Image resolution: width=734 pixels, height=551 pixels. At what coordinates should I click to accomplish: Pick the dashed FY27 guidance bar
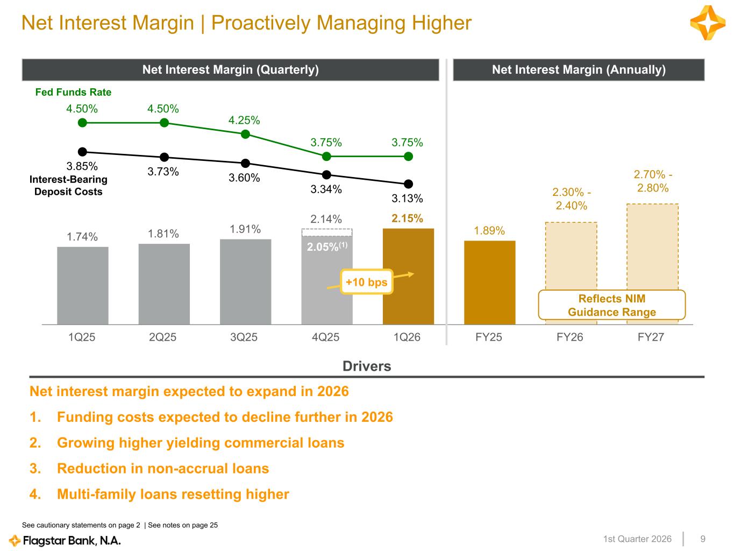652,248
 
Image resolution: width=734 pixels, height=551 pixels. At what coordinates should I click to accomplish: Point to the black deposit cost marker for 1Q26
408,183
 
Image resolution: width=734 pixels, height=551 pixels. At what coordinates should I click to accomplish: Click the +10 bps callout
367,282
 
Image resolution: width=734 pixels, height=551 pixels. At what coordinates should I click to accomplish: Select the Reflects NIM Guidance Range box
612,306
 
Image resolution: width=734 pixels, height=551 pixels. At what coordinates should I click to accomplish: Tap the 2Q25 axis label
163,337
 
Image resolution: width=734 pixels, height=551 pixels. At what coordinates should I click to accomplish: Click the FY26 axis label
570,337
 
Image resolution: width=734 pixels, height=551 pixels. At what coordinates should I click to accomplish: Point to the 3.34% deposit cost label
326,189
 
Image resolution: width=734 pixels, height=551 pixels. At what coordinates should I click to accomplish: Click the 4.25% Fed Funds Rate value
244,120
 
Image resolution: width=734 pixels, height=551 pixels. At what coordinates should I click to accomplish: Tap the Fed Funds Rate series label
73,92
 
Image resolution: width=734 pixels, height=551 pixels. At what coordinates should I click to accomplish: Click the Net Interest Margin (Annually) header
579,70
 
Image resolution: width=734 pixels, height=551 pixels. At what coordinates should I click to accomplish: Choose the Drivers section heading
367,366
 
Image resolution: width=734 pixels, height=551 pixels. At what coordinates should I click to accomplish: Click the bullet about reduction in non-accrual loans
163,468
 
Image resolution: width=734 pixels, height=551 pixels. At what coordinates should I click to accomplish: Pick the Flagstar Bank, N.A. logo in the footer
65,540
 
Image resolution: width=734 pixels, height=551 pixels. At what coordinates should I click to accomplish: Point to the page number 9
703,539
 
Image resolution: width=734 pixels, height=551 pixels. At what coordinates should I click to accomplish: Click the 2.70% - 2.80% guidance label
653,181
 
